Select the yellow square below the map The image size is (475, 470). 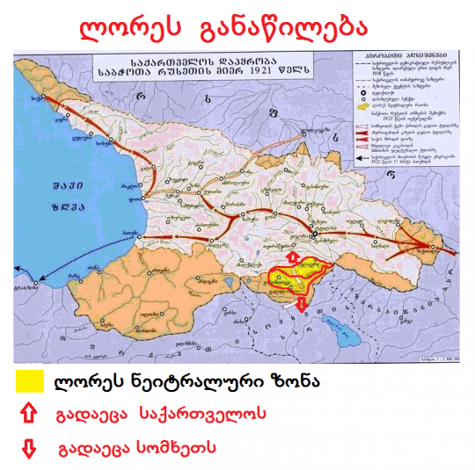(29, 381)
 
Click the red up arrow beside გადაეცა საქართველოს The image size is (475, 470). (28, 413)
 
